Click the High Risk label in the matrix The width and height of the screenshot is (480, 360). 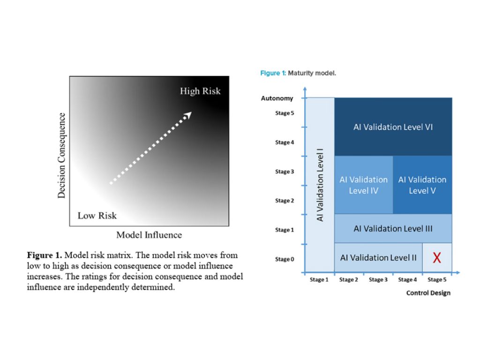(x=200, y=91)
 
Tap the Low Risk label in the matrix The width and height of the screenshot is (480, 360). (x=97, y=216)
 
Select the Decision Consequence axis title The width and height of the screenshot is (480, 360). (x=61, y=155)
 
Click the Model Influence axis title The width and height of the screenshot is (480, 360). (x=149, y=234)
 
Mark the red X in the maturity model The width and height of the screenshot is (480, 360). (x=437, y=257)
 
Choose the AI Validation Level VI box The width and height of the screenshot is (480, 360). (x=393, y=127)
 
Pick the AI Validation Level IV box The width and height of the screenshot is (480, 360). (x=363, y=185)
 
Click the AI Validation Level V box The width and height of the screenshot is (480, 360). (x=422, y=185)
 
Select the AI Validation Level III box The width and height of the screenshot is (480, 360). (x=393, y=228)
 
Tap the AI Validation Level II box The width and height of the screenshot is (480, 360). (x=378, y=257)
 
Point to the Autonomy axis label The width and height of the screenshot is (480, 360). (x=277, y=98)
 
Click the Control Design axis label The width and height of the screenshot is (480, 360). (x=428, y=293)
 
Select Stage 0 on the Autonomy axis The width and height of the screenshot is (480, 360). (x=285, y=259)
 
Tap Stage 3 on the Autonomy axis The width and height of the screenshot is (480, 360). (x=285, y=172)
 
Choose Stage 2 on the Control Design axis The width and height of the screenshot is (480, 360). (x=349, y=280)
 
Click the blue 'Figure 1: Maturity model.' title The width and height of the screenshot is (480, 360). (x=298, y=74)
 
